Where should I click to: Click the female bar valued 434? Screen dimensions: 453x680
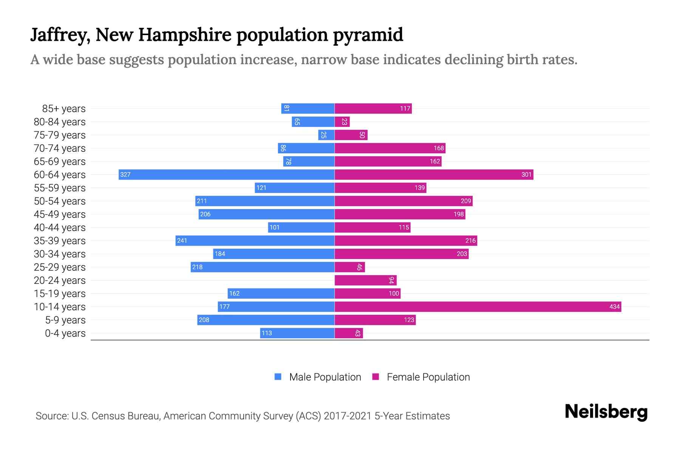[478, 307]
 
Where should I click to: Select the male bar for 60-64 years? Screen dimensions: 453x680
[227, 174]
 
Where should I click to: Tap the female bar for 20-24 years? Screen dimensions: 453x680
[365, 280]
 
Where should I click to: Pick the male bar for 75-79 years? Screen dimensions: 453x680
[326, 135]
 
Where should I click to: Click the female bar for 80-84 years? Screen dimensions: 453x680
[342, 122]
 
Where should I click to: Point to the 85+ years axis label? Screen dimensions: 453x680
[64, 109]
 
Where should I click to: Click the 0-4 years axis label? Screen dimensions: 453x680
[65, 333]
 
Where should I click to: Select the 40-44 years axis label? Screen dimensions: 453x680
[60, 228]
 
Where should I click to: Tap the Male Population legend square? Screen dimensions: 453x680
[278, 377]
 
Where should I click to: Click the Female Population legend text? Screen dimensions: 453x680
[428, 377]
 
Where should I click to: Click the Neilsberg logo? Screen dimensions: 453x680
[606, 412]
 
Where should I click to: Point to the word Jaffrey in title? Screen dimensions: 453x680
[60, 35]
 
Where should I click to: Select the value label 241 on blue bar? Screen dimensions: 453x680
[182, 241]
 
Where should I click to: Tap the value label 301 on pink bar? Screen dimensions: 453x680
[526, 175]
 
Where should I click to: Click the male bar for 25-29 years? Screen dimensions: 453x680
[263, 267]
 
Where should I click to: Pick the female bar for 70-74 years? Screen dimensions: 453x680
[390, 148]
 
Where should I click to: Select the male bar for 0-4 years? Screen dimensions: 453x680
[297, 333]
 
